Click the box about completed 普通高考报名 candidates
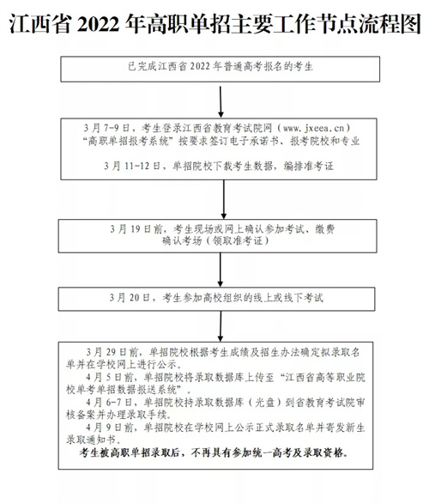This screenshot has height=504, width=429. pyautogui.click(x=221, y=69)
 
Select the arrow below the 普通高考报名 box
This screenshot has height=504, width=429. pyautogui.click(x=221, y=101)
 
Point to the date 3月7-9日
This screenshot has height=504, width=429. pyautogui.click(x=106, y=128)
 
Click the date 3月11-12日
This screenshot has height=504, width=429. pyautogui.click(x=131, y=167)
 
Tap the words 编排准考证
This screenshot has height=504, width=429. pyautogui.click(x=309, y=167)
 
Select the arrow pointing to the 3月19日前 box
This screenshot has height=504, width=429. pyautogui.click(x=223, y=199)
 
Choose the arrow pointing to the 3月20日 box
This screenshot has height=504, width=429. pyautogui.click(x=221, y=270)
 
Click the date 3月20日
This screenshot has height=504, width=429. pyautogui.click(x=130, y=298)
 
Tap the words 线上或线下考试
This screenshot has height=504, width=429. pyautogui.click(x=288, y=298)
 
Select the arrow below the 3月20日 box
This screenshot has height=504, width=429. pyautogui.click(x=221, y=326)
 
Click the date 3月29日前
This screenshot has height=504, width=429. pyautogui.click(x=112, y=352)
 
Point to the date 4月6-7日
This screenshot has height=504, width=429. pyautogui.click(x=109, y=402)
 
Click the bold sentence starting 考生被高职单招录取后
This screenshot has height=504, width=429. pyautogui.click(x=214, y=452)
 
